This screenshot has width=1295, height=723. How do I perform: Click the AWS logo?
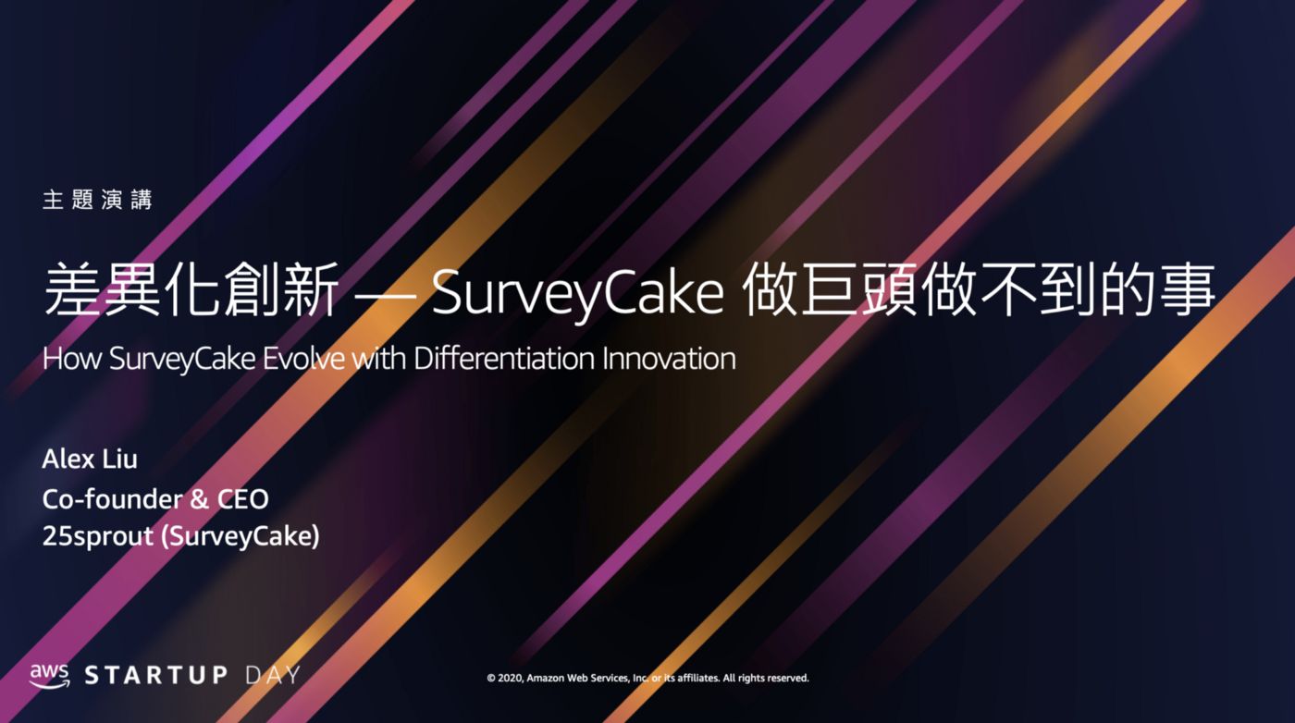(50, 676)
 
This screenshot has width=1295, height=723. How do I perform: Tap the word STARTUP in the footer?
(156, 675)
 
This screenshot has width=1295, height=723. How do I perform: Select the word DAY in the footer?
(273, 675)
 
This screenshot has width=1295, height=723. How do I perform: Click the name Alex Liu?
(90, 460)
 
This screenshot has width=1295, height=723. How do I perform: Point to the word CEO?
(242, 499)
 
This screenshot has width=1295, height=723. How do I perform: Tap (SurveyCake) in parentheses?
(240, 536)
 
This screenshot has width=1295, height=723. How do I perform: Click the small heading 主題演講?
(97, 200)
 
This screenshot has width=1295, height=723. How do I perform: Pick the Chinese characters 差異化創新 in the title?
(191, 289)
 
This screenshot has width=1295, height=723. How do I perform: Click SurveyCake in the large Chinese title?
(577, 292)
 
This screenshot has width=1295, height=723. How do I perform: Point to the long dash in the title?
(386, 295)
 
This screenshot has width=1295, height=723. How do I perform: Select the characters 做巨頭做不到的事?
(979, 289)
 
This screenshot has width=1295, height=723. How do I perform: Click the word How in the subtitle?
(72, 359)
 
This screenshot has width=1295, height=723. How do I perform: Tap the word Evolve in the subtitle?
(304, 359)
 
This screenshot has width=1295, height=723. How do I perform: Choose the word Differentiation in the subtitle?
(504, 359)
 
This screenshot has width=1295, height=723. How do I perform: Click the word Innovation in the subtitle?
(669, 359)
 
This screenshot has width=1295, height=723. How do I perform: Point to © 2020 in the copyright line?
(505, 678)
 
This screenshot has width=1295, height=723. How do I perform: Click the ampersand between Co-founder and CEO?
(199, 499)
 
